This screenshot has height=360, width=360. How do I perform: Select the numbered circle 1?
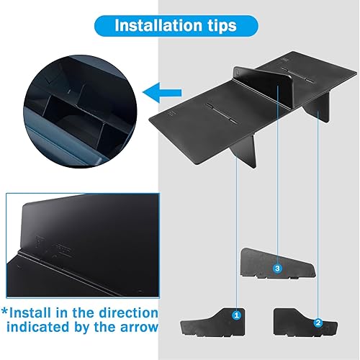point(236,315)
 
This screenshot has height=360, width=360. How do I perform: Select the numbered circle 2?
point(318,323)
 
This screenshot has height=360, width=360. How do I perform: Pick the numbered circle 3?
point(278,268)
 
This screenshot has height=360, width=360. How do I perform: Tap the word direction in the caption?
point(127,313)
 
